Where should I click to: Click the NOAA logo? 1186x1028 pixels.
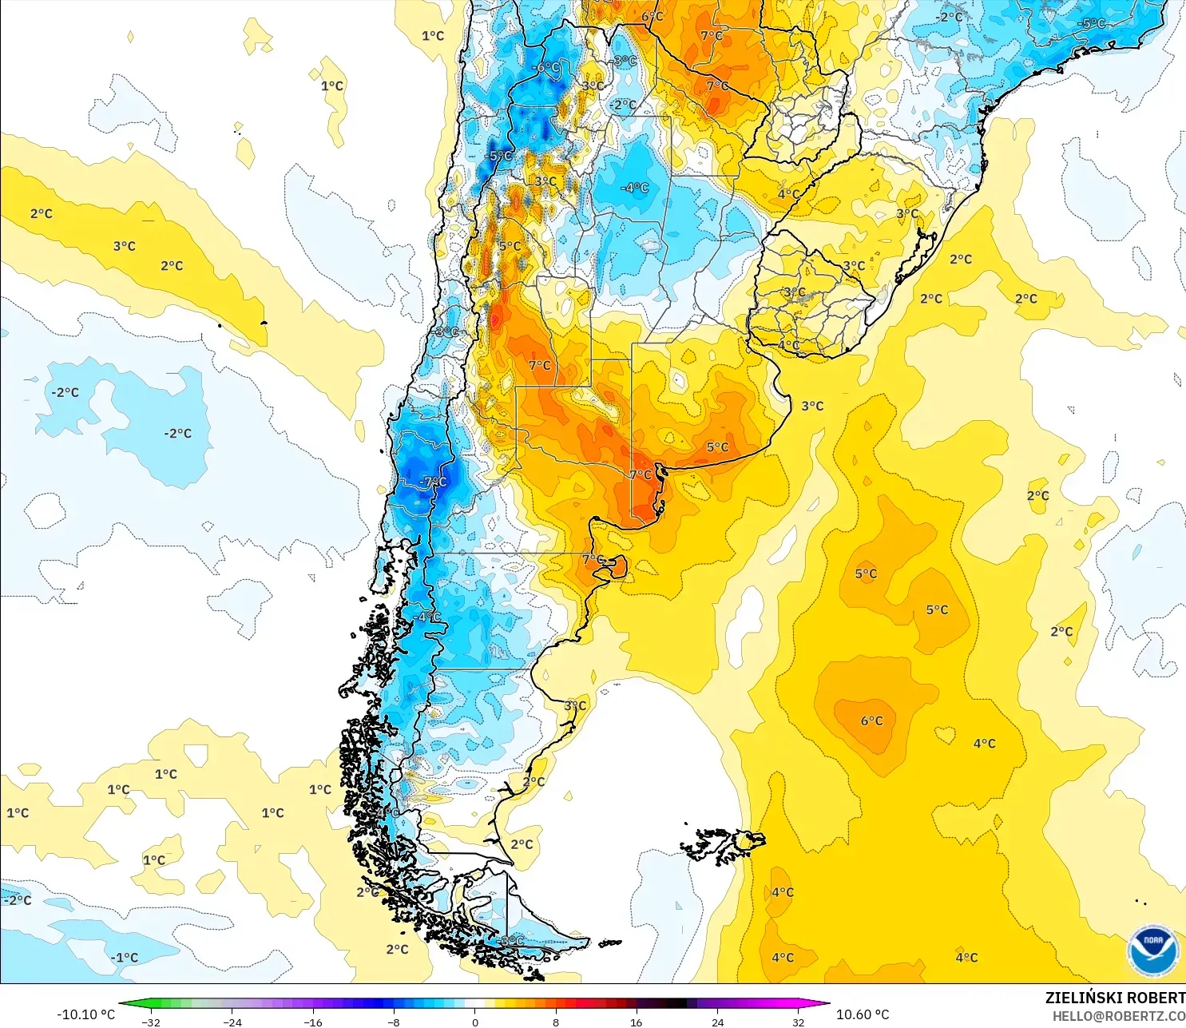1152,951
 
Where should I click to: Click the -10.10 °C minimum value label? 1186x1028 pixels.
85,1014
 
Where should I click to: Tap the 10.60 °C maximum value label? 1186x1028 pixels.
863,1014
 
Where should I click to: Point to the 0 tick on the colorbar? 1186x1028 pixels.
475,1022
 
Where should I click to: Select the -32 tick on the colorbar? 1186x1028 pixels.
151,1022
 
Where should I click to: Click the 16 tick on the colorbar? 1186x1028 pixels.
636,1022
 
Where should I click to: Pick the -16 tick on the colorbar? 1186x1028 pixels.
313,1022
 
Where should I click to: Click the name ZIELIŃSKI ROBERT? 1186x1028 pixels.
1115,998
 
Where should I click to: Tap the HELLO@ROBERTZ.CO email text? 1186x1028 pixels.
1118,1016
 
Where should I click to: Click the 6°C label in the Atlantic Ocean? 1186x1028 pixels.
871,721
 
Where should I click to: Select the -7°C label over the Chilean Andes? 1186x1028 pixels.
433,482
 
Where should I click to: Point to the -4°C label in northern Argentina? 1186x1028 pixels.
635,188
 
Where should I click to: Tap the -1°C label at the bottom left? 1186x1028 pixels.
125,958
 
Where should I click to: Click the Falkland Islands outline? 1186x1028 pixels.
723,845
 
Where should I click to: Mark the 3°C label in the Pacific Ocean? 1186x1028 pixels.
124,246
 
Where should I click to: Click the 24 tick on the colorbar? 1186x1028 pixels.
717,1022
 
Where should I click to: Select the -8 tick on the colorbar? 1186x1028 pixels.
394,1022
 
